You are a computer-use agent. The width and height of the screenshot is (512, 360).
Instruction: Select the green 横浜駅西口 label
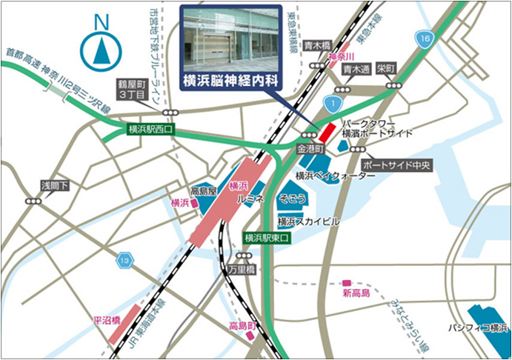click(x=150, y=129)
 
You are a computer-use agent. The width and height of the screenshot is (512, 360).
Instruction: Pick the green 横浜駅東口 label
click(x=268, y=238)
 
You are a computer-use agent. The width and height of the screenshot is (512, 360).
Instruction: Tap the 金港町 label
click(x=311, y=149)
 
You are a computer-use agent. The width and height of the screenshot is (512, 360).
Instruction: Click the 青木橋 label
click(x=317, y=44)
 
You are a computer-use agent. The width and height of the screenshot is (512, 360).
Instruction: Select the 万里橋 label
click(x=242, y=270)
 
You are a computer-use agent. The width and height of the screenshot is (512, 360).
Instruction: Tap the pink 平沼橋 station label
click(x=106, y=321)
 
